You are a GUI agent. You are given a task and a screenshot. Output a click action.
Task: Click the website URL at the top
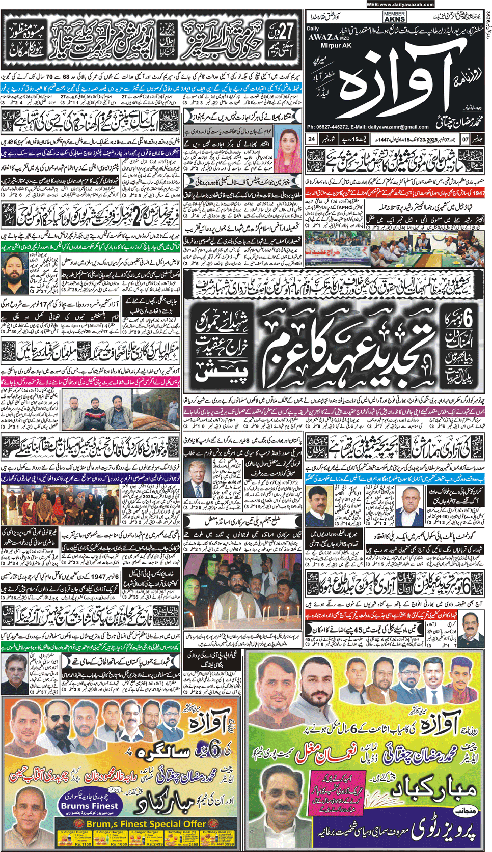(400, 4)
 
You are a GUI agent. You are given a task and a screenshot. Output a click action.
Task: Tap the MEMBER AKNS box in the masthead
(395, 17)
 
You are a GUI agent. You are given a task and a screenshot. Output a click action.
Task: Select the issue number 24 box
(312, 139)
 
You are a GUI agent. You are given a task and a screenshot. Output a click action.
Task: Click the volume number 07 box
(465, 139)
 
